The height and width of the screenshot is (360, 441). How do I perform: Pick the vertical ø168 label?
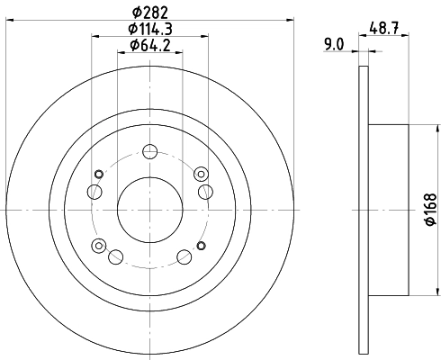(431, 208)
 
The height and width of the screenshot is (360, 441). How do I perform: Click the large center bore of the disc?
(149, 208)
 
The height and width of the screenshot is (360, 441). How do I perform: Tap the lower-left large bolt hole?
(115, 257)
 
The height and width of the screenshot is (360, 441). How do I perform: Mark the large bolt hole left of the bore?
(93, 191)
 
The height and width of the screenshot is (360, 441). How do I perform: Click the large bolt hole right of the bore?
(205, 190)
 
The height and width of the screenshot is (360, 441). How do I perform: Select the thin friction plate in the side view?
(363, 208)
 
